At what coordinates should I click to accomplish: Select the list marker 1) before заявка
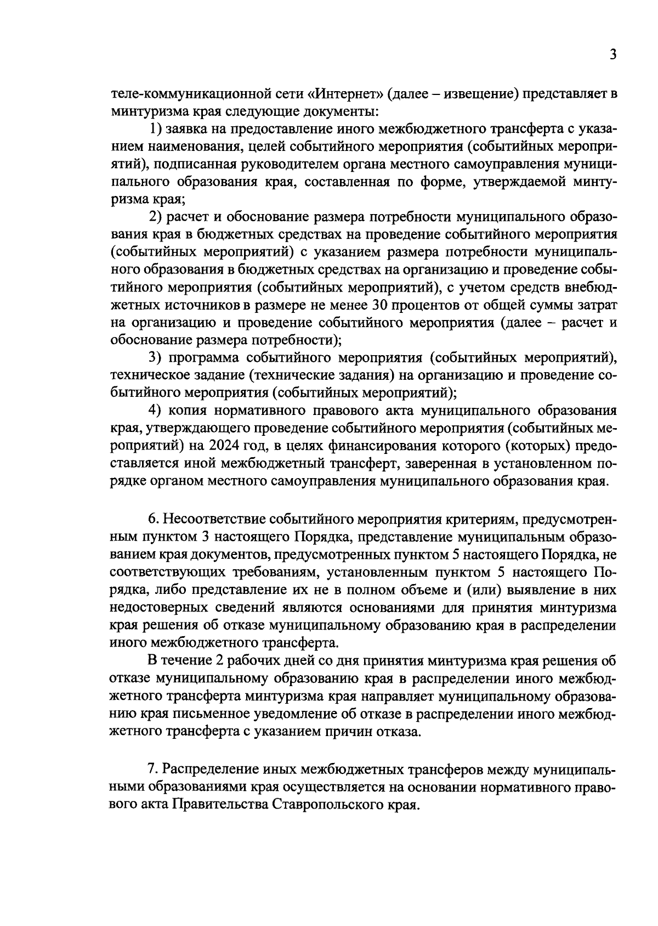156,129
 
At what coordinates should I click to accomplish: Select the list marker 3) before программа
156,358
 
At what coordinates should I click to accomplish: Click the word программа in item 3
205,358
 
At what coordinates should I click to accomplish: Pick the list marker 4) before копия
156,411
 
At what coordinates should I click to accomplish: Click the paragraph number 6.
153,520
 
